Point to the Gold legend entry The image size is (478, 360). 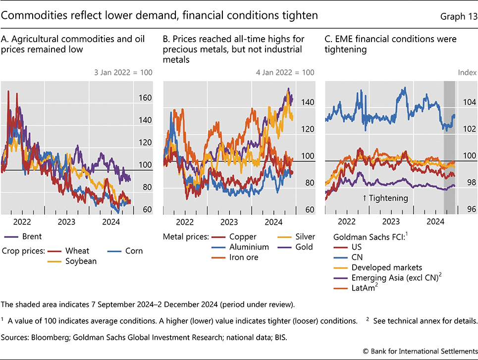click(302, 247)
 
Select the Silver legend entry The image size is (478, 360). click(303, 237)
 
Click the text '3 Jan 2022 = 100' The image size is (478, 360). click(123, 73)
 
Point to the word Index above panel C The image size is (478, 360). click(467, 73)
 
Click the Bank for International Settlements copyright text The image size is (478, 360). click(419, 351)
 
